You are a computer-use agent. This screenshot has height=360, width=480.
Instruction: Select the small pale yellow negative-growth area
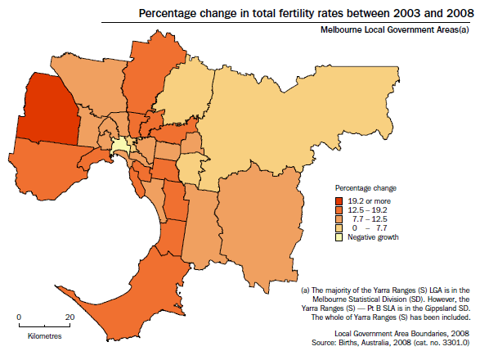[120, 146]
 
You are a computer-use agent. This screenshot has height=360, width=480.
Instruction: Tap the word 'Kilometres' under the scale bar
[44, 335]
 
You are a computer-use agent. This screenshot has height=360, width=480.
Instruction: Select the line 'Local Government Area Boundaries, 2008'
[403, 334]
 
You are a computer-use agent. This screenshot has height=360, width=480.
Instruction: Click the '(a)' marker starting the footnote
[306, 290]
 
